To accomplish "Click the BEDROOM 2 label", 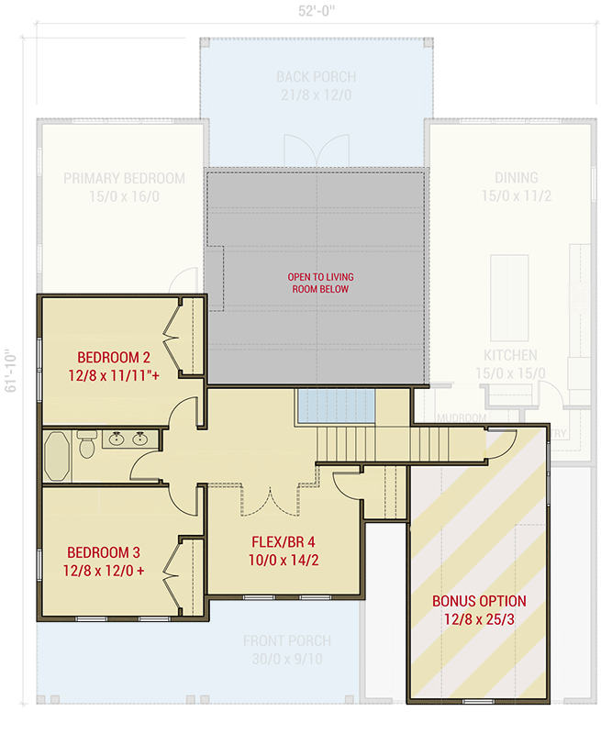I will pyautogui.click(x=113, y=357).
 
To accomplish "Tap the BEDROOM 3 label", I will pyautogui.click(x=103, y=552).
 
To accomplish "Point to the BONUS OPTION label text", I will pyautogui.click(x=479, y=601).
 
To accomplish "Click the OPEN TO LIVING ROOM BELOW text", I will pyautogui.click(x=320, y=283).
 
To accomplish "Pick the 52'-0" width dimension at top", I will pyautogui.click(x=316, y=12).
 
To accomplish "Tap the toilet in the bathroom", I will pyautogui.click(x=86, y=447).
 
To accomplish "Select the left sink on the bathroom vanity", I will pyautogui.click(x=117, y=439).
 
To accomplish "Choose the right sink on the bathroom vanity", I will pyautogui.click(x=140, y=439).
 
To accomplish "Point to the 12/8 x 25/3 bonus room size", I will pyautogui.click(x=479, y=620).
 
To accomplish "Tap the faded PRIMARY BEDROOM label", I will pyautogui.click(x=124, y=178).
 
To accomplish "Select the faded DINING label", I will pyautogui.click(x=517, y=178).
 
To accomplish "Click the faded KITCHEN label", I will pyautogui.click(x=511, y=355).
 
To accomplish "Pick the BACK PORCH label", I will pyautogui.click(x=316, y=77).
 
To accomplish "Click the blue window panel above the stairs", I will pyautogui.click(x=336, y=406).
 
